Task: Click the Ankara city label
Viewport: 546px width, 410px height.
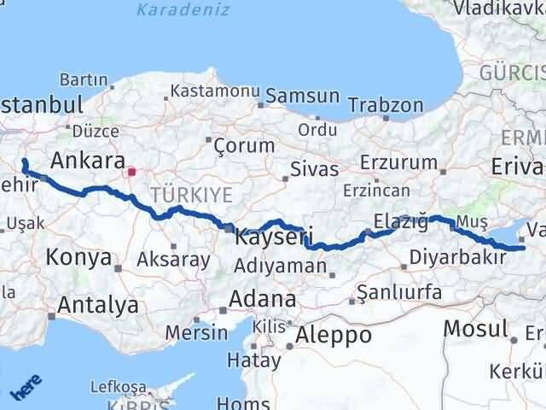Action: [x=88, y=160]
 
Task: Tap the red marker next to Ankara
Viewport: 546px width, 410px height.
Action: [x=131, y=172]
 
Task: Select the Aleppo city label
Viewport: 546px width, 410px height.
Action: [x=333, y=335]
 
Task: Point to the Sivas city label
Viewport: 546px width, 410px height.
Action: [x=314, y=168]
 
